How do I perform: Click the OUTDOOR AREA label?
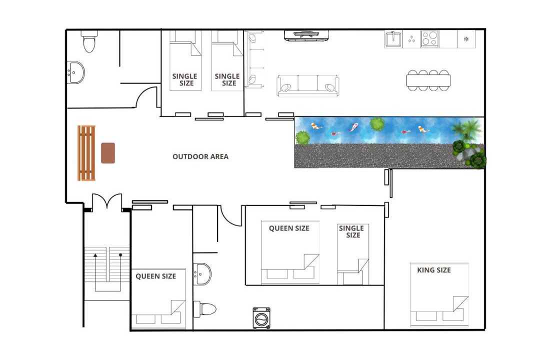click(200, 156)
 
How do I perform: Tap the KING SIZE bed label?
click(434, 270)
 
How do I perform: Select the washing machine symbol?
click(261, 318)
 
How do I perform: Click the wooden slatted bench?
click(86, 153)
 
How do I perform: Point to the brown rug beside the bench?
click(108, 153)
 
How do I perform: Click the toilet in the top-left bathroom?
click(89, 41)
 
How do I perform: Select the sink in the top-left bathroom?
click(75, 72)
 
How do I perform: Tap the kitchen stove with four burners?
click(430, 38)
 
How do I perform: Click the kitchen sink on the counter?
click(393, 39)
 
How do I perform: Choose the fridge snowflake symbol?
click(466, 39)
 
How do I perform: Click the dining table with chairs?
click(428, 80)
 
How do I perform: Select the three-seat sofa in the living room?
click(307, 85)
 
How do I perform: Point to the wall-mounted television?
click(306, 35)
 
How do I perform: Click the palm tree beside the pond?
click(467, 129)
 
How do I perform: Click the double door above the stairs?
click(107, 202)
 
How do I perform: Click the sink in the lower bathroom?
click(202, 274)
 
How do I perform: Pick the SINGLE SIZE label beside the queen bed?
click(351, 231)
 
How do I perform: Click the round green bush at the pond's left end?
click(302, 138)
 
